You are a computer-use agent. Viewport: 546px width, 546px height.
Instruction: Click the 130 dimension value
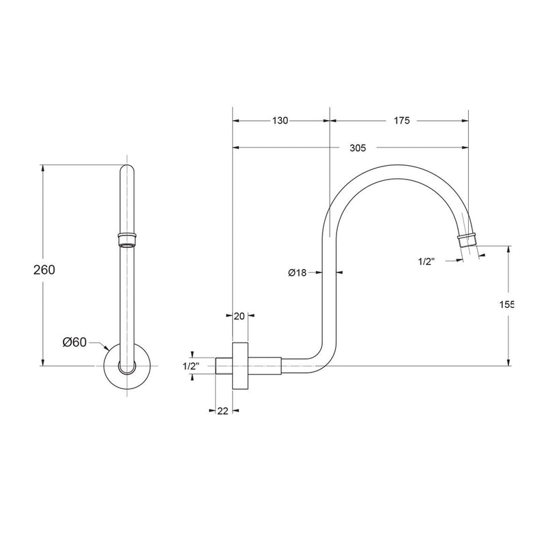280,121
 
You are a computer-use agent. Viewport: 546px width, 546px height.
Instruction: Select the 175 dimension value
401,121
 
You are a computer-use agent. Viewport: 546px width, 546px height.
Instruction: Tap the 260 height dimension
44,269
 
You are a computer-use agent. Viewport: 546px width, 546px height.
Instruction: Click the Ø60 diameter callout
74,343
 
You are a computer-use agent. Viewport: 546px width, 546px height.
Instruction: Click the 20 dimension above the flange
239,315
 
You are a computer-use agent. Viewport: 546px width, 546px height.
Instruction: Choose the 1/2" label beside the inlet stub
190,367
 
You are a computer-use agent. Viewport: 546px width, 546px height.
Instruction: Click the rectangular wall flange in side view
240,365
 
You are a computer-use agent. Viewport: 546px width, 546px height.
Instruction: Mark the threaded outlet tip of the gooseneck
467,239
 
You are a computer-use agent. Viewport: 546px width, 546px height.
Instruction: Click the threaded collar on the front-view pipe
128,238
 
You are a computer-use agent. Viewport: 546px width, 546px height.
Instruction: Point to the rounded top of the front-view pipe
128,169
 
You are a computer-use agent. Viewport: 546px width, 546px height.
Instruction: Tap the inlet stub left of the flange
224,366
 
